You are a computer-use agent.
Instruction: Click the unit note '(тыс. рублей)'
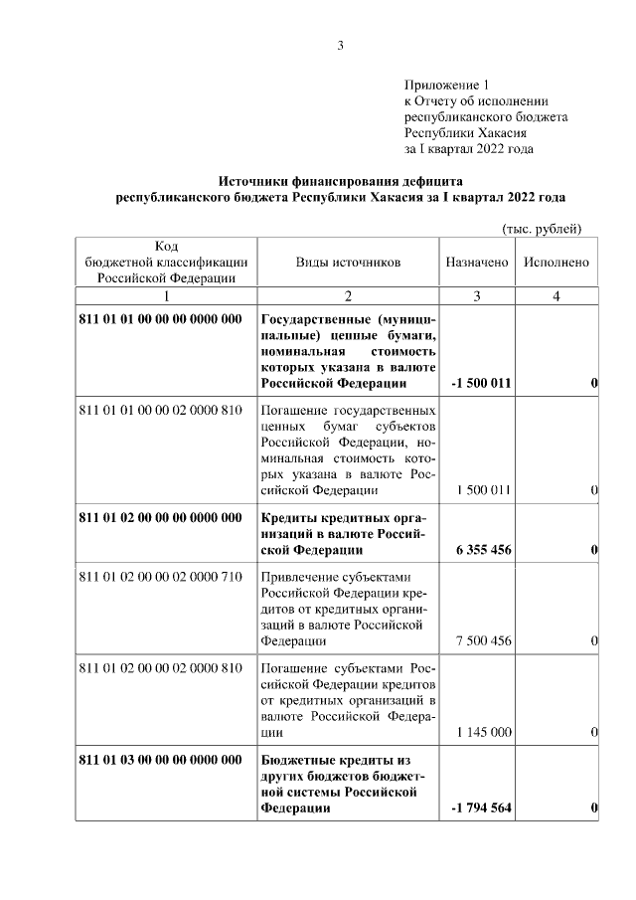(542, 229)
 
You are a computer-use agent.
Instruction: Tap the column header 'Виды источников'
(348, 262)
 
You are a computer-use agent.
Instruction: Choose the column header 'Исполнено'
(556, 262)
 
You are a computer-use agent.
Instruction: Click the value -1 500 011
(481, 384)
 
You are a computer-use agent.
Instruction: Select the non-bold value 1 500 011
(484, 490)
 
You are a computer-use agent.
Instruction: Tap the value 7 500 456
(484, 641)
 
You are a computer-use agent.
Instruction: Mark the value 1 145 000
(484, 732)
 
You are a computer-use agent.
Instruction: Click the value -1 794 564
(481, 808)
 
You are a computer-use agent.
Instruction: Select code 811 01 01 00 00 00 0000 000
(160, 319)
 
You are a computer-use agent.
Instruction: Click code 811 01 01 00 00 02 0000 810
(160, 410)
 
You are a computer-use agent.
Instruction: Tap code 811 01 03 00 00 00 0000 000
(160, 760)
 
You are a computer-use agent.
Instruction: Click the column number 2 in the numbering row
(348, 296)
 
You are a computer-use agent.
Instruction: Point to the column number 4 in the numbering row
(556, 296)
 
